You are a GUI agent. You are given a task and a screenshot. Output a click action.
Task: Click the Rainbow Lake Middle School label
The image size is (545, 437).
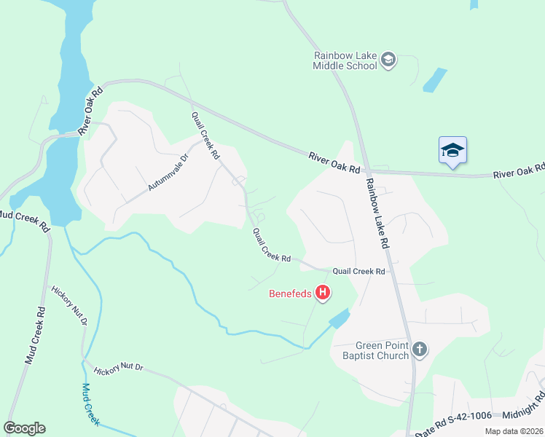point(345,60)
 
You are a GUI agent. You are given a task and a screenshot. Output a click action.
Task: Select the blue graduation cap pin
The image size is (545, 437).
point(452,151)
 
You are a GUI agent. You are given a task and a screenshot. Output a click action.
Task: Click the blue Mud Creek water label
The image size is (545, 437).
point(90,405)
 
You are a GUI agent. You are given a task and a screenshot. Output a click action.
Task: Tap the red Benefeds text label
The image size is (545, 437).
point(289,294)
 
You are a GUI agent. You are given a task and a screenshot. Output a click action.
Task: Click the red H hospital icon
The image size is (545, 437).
point(323,294)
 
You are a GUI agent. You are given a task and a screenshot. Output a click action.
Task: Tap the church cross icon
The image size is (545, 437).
point(419,350)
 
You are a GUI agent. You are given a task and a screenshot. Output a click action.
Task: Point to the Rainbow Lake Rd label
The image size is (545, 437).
point(379,215)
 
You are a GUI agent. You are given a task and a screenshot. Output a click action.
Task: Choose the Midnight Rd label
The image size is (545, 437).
point(523,409)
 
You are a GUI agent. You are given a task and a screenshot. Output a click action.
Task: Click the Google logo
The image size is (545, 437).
point(24,428)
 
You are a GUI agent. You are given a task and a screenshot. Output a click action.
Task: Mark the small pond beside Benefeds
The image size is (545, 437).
point(339,318)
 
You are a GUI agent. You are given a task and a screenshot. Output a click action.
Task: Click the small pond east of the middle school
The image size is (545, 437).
point(435,79)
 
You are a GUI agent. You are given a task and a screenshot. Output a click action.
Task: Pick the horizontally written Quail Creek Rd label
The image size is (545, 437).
point(358,271)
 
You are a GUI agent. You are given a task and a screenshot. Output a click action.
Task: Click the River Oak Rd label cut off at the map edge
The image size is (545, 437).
point(519,172)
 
